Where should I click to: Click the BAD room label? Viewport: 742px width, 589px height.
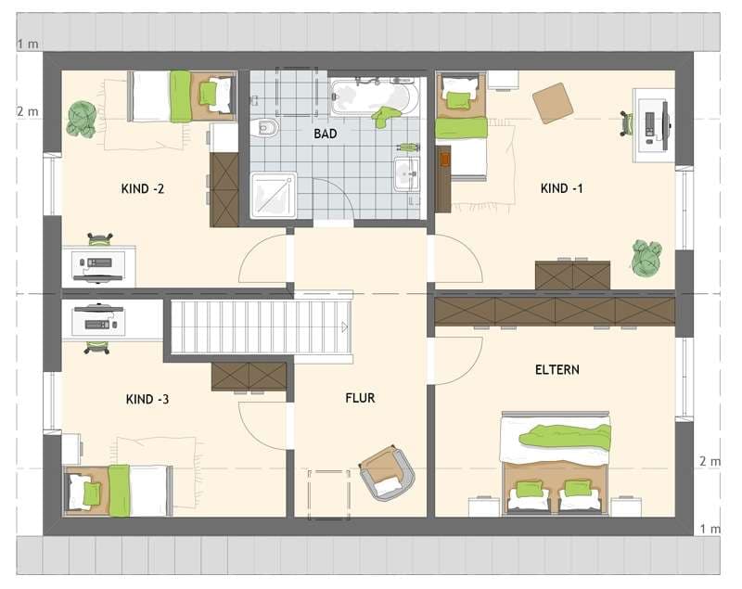[x=326, y=134]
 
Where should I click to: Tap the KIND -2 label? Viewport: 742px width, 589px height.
[x=143, y=189]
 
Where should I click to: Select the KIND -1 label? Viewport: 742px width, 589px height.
[x=562, y=188]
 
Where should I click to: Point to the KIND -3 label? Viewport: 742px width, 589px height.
[x=147, y=399]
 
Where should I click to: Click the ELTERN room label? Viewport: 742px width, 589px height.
[x=557, y=369]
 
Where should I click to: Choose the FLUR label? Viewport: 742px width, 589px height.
[x=360, y=398]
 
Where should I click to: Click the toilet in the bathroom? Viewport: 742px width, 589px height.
[x=265, y=127]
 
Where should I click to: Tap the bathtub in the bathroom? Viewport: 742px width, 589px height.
[x=375, y=97]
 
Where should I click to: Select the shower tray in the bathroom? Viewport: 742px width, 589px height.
[x=274, y=196]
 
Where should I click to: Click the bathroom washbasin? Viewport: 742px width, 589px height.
[x=406, y=174]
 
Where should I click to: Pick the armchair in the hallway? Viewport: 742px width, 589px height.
[x=387, y=472]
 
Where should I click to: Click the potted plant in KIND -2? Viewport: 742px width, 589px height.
[x=82, y=120]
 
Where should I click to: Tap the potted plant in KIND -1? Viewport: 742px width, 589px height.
[x=646, y=258]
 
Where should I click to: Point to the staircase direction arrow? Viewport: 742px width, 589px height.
[x=344, y=327]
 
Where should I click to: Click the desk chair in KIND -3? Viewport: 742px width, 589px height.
[x=97, y=347]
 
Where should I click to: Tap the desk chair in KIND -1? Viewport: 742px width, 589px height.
[x=628, y=123]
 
